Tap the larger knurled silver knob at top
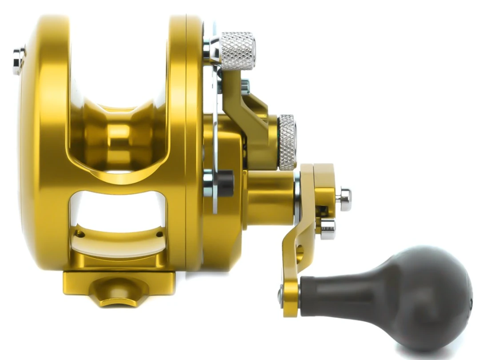point(237,51)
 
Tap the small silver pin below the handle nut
point(327,229)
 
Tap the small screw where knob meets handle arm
point(281,294)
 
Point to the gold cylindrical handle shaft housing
point(269,196)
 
